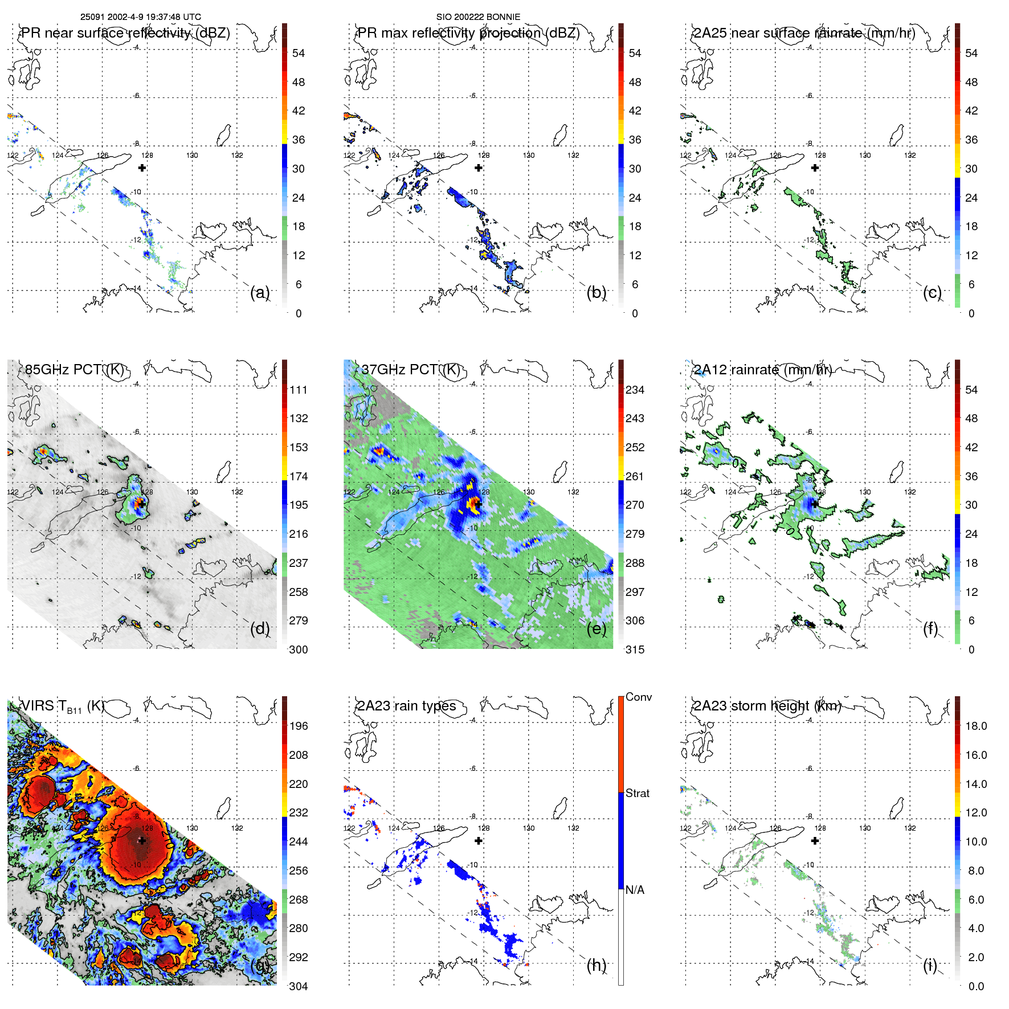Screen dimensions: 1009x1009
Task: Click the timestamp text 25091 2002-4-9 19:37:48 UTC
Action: tap(140, 17)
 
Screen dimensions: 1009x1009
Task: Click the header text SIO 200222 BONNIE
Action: tap(478, 17)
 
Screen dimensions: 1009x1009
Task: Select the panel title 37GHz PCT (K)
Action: tap(410, 370)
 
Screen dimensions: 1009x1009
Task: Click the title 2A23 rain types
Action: tap(406, 706)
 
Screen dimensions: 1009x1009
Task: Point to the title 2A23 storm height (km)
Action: tap(767, 706)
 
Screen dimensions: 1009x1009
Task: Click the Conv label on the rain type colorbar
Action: tap(638, 697)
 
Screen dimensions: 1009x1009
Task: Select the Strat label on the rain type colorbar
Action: tap(637, 793)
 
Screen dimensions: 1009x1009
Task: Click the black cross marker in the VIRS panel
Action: tap(142, 840)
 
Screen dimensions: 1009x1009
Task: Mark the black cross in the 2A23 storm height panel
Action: tap(815, 840)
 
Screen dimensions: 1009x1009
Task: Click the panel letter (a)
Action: tap(260, 292)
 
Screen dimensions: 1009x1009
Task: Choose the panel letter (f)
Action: tap(930, 628)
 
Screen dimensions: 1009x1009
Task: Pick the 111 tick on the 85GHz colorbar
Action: tap(299, 390)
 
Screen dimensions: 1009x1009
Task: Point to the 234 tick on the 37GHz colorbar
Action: tap(635, 390)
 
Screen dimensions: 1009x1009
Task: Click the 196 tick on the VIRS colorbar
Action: tap(299, 726)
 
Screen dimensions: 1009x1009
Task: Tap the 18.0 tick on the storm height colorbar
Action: tap(976, 726)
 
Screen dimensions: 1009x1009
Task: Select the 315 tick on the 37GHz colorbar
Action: tap(635, 649)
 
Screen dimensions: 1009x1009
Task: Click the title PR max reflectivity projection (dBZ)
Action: tap(468, 33)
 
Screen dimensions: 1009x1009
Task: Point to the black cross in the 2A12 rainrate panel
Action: tap(815, 504)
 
